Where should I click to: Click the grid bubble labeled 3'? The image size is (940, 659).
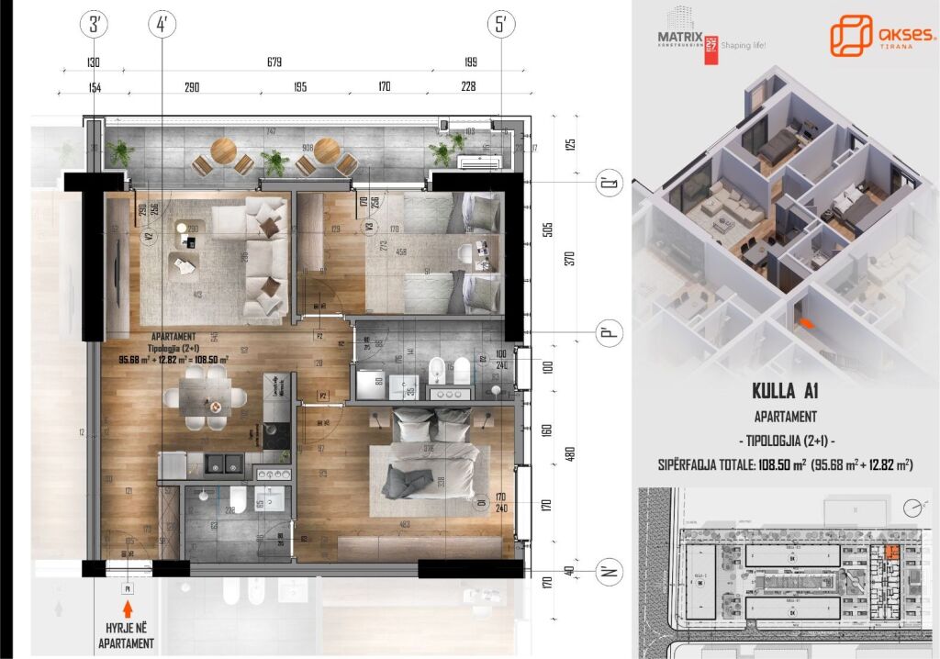(95, 25)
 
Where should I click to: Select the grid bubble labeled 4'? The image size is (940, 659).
(162, 25)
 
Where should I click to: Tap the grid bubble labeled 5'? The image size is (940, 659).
(501, 25)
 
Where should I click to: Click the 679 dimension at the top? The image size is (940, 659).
(274, 62)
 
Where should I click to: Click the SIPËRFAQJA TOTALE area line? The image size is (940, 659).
(785, 465)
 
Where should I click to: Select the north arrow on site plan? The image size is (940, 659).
(912, 507)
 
